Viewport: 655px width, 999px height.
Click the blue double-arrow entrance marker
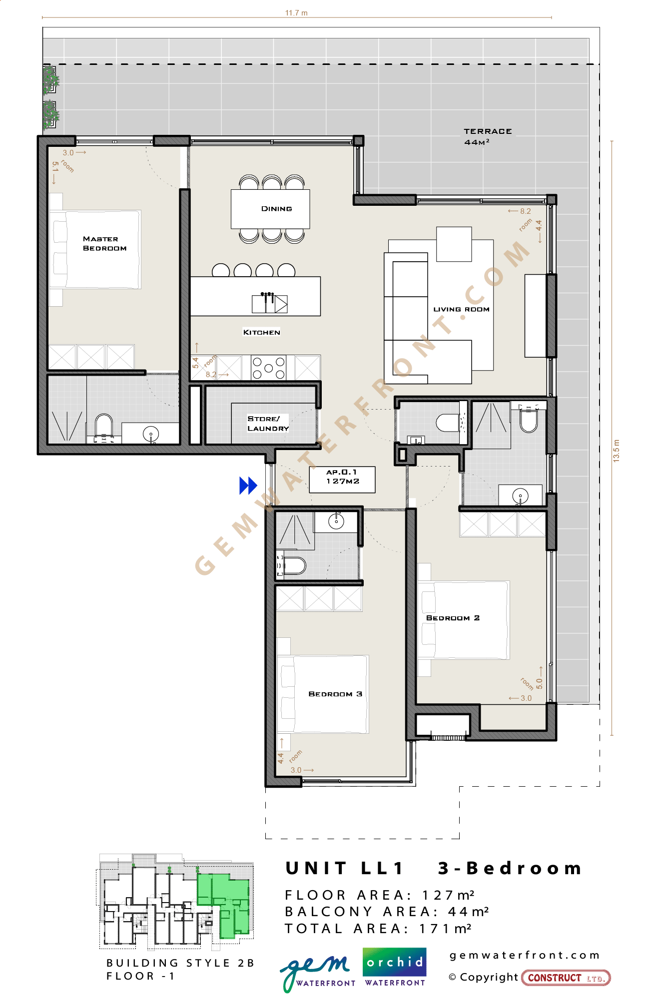[248, 486]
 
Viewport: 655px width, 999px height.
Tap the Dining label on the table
[276, 209]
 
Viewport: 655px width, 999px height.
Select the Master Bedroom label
[104, 244]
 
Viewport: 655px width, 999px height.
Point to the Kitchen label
[261, 332]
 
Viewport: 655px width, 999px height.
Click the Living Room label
[461, 309]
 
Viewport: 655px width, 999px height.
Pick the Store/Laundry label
[268, 424]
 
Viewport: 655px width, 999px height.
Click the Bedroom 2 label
[453, 618]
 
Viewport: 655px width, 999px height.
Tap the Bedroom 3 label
[335, 694]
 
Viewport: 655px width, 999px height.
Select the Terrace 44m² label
[488, 136]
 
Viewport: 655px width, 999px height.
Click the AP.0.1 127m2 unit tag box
[342, 480]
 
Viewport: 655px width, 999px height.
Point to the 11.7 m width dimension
[297, 13]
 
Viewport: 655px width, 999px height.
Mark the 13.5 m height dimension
[616, 451]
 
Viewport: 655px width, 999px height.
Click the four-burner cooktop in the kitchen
[268, 368]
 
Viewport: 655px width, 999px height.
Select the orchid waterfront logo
[395, 968]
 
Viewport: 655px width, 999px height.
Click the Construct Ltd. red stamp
[566, 978]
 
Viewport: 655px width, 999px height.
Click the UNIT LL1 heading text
[344, 868]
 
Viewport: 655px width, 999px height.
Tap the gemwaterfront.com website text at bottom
[525, 956]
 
